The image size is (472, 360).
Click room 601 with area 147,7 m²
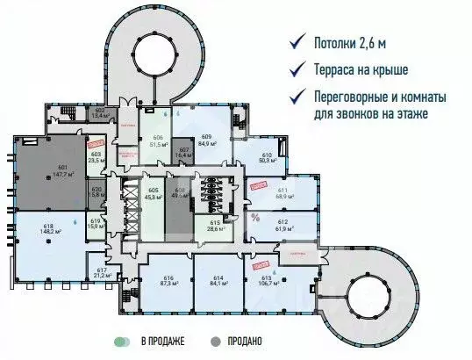[x=61, y=170]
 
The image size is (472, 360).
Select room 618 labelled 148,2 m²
[x=48, y=231]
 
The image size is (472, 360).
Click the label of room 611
[x=282, y=192]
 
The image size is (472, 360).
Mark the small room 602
[x=100, y=112]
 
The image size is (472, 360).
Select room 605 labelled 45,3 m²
[x=154, y=195]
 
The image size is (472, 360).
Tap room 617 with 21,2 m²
[x=102, y=272]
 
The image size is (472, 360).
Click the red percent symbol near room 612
[x=255, y=218]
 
